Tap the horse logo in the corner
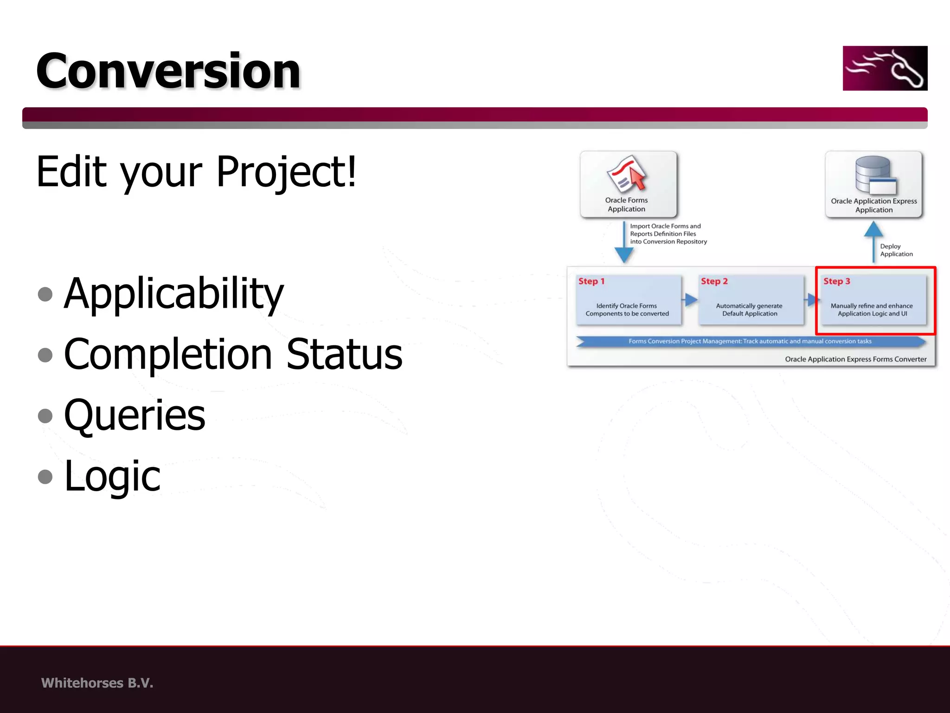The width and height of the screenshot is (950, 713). coord(885,68)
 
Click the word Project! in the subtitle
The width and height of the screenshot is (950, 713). coord(286,172)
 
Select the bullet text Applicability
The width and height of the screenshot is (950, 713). coord(173,293)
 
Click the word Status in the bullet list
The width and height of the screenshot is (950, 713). coord(344,354)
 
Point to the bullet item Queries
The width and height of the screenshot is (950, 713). coord(135,415)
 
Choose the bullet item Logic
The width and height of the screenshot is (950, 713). coord(112,476)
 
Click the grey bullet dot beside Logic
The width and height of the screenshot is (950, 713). coord(45,476)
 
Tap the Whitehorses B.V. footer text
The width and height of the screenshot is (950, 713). coord(97,683)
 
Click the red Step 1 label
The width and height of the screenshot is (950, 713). coord(591,281)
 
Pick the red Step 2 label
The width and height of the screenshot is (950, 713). coord(714,281)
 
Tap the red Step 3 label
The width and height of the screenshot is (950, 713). coord(836,281)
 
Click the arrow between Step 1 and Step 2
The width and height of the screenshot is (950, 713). coord(690,300)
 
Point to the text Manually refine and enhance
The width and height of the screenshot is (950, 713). coord(871,306)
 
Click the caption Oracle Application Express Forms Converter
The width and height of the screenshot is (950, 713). coord(855,359)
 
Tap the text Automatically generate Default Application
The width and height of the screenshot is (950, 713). coord(749,310)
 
